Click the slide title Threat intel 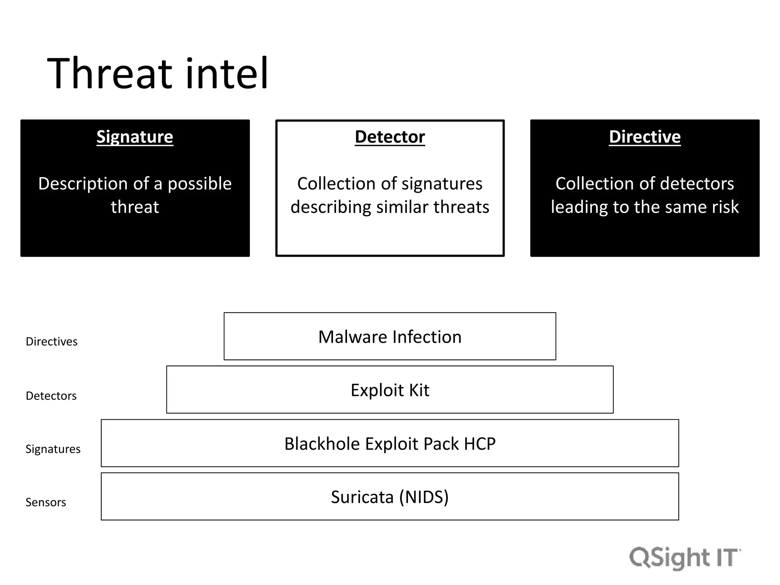click(158, 73)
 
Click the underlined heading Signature click(135, 137)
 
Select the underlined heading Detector click(390, 137)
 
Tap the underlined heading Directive click(644, 137)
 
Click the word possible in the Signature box click(200, 184)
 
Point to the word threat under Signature click(135, 207)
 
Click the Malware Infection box click(390, 337)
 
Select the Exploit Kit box click(390, 390)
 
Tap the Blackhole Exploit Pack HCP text click(390, 444)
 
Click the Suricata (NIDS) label click(390, 497)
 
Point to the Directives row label click(51, 342)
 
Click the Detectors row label click(51, 396)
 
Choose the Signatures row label click(53, 449)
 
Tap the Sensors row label click(46, 502)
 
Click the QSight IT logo click(685, 558)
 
